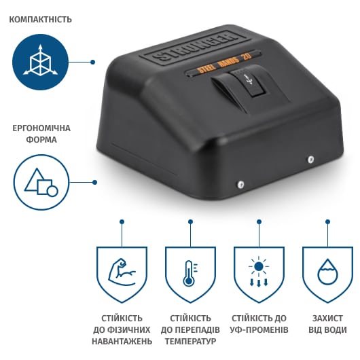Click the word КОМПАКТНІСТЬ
point(40,19)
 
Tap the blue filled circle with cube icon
point(40,62)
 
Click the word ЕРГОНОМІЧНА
point(41,128)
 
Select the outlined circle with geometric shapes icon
point(41,182)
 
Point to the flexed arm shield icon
point(122,274)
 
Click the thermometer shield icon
point(190,274)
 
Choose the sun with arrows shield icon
point(259,274)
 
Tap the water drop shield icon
point(327,274)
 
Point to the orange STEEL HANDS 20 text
point(225,62)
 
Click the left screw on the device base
point(240,184)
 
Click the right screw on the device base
point(310,159)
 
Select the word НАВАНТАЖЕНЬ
point(122,341)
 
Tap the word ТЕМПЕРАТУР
point(190,341)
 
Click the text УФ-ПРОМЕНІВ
point(259,330)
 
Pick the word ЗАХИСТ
point(327,319)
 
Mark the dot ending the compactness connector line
point(93,62)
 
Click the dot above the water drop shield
point(327,222)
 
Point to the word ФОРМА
point(41,140)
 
